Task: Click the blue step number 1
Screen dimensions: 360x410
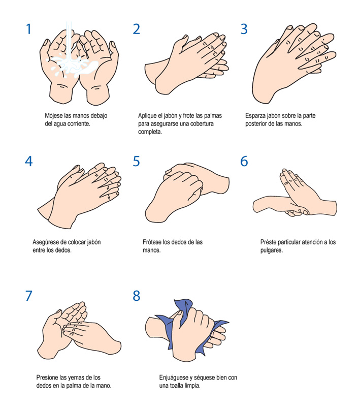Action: [29, 29]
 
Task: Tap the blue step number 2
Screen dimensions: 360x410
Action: [137, 29]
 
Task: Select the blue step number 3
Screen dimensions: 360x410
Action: [244, 29]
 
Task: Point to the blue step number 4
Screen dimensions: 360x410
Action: [29, 162]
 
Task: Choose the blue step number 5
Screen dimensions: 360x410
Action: [137, 162]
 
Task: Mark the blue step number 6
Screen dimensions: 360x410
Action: [244, 162]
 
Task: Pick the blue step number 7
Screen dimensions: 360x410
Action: [29, 296]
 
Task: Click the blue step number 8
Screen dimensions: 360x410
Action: [137, 296]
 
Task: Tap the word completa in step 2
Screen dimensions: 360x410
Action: [150, 132]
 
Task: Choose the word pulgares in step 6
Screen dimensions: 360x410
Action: [272, 250]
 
